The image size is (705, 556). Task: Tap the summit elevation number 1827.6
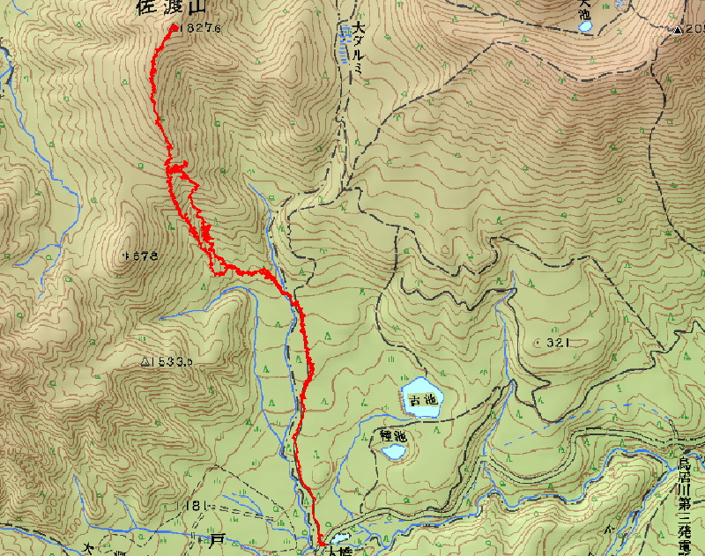200,28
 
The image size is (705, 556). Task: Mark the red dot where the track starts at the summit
172,27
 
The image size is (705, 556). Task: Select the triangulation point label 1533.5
171,361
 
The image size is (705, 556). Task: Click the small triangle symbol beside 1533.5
145,361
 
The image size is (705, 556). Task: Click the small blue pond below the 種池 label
393,452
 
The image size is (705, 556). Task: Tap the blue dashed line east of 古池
529,427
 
